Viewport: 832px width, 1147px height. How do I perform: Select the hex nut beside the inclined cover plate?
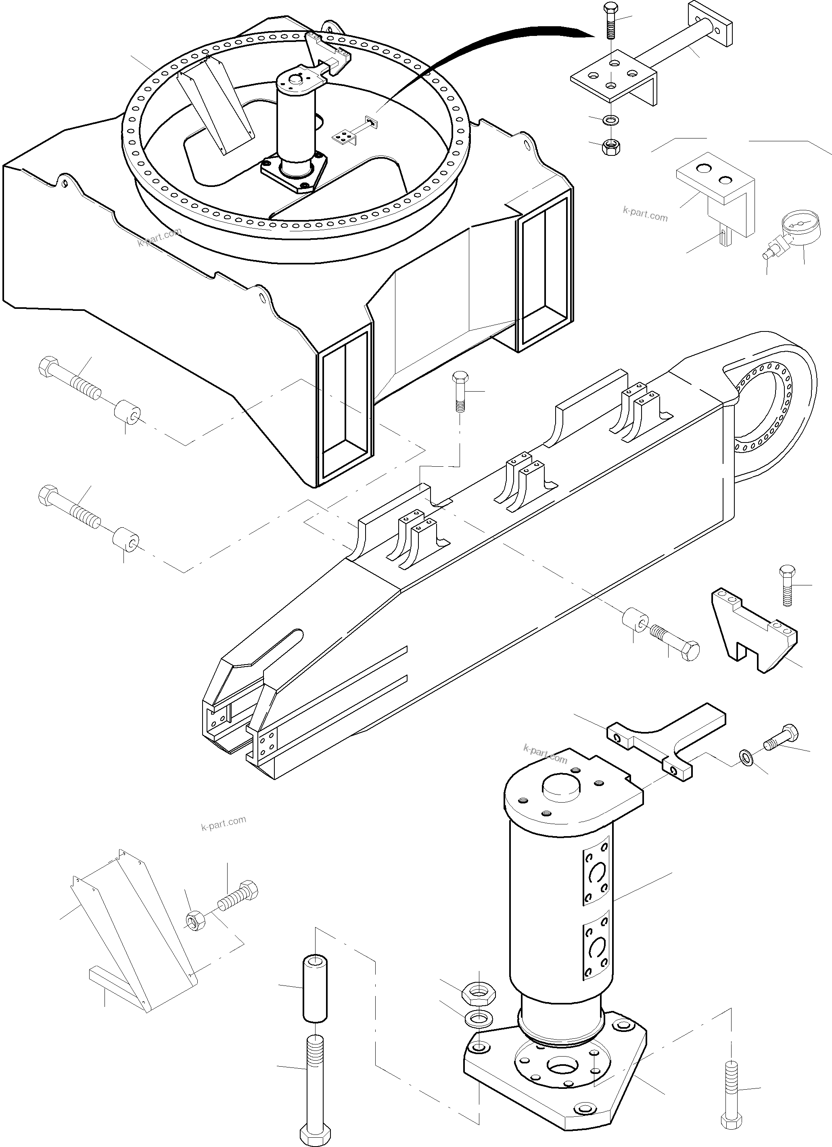[194, 921]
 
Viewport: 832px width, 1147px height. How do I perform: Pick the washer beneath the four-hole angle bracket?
[612, 120]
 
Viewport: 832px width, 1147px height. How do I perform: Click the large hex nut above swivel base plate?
[479, 994]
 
